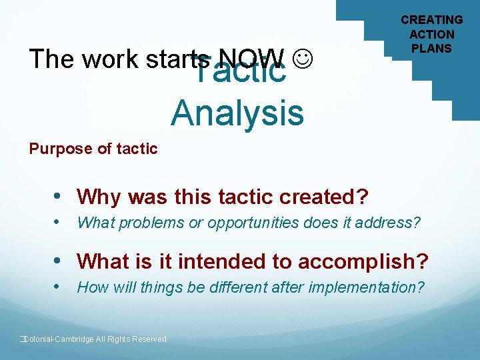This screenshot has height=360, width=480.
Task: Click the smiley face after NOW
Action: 303,59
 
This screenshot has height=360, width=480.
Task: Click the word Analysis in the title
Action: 237,112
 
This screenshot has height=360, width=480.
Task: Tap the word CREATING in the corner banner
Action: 431,20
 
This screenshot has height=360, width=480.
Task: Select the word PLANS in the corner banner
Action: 431,48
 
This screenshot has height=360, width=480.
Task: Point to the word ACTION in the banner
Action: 431,34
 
